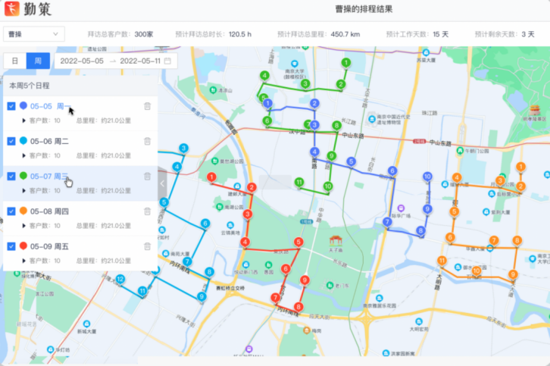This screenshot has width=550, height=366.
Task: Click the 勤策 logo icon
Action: (12, 9)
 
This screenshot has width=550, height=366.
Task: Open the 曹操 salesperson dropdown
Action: (34, 34)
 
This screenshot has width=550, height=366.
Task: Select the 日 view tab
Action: (14, 61)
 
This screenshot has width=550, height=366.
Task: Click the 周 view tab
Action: (38, 61)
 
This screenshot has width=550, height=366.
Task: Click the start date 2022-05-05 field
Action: (82, 61)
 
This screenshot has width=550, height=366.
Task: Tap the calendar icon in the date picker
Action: (167, 61)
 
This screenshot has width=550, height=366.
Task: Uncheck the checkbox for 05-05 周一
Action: (11, 106)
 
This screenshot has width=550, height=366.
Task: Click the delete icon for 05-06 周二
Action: (147, 141)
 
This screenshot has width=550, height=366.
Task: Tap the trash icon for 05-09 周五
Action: (147, 246)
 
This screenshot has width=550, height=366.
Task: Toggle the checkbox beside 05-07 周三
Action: (11, 176)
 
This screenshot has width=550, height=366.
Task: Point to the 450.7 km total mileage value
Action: (339, 34)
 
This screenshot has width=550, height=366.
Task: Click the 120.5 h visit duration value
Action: (239, 34)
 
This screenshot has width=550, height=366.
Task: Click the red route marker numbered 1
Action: (211, 177)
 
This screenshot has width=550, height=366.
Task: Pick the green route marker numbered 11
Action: (300, 182)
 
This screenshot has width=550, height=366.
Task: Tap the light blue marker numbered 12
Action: (120, 280)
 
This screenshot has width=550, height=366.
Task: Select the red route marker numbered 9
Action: (304, 280)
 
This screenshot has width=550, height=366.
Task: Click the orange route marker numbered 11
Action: (442, 261)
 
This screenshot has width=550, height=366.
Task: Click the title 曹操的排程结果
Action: (368, 9)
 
